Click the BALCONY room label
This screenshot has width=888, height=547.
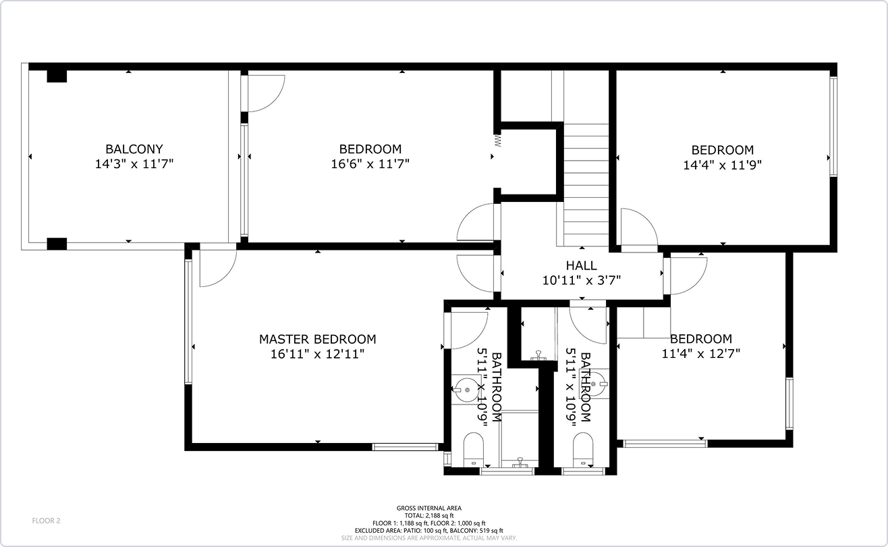tap(134, 149)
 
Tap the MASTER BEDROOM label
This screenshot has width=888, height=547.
tap(318, 339)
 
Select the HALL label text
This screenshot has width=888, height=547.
tap(581, 265)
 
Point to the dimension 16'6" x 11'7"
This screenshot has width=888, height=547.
tap(370, 163)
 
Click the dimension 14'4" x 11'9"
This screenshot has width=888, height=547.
tap(722, 165)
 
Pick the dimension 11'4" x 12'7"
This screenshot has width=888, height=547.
tap(701, 353)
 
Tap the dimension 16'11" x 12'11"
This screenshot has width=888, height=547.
tap(318, 354)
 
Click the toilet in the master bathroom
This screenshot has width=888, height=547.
tap(473, 450)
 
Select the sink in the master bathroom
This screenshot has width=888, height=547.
tap(466, 390)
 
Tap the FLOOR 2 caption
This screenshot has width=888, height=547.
tap(46, 521)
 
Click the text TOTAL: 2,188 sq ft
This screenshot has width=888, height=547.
tap(429, 516)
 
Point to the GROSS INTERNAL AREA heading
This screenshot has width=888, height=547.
tap(429, 508)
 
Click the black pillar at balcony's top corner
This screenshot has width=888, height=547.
tap(57, 76)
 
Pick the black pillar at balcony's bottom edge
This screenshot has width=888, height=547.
tap(57, 244)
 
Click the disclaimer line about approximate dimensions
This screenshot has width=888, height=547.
tap(429, 538)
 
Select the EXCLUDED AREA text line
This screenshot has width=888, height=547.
tap(429, 531)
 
